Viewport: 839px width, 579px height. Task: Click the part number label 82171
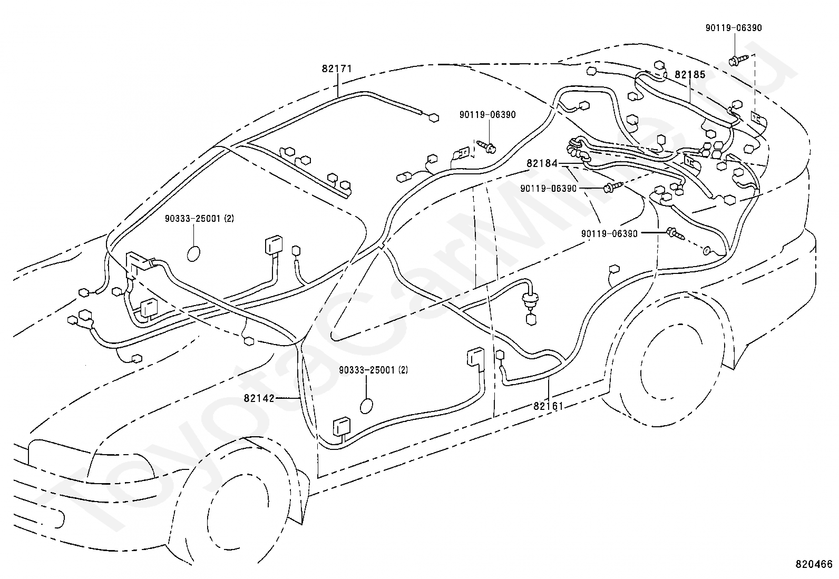coord(337,68)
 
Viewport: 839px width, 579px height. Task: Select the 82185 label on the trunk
coord(690,74)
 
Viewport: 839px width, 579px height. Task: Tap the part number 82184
coord(542,163)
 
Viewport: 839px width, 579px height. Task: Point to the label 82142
coord(259,398)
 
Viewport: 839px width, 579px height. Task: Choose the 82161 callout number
coord(548,406)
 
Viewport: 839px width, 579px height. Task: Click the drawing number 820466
coord(814,564)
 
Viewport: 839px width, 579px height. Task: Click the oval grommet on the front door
coord(366,406)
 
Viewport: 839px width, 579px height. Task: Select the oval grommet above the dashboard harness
coord(193,253)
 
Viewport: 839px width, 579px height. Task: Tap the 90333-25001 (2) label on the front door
coord(374,370)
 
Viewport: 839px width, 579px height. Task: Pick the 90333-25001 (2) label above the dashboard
coord(199,218)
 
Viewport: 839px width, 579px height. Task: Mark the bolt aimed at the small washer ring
coord(675,234)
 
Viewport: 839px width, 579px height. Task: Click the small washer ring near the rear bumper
coord(706,251)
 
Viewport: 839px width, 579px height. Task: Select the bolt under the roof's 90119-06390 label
coord(486,146)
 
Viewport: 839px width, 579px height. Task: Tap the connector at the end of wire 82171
coord(434,118)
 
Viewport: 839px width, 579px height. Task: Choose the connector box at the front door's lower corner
coord(341,427)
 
